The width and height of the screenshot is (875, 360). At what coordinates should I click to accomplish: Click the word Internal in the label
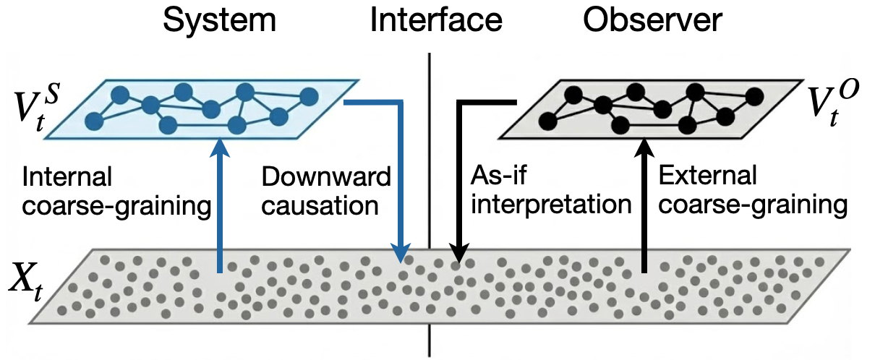click(x=67, y=176)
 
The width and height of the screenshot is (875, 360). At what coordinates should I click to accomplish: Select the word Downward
click(x=326, y=176)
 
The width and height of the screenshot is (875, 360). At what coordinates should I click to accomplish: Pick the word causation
click(x=320, y=205)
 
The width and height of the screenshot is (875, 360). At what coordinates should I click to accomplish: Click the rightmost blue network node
click(x=309, y=95)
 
